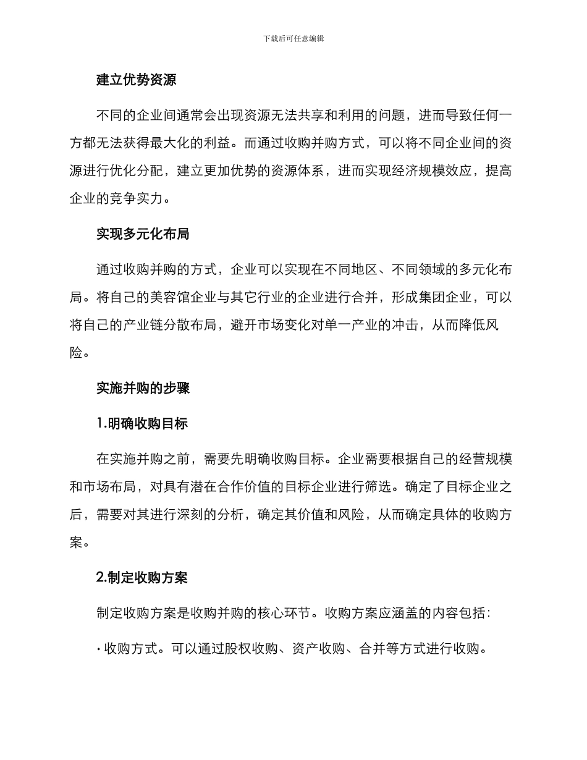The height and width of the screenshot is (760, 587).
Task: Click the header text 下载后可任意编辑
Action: click(x=293, y=38)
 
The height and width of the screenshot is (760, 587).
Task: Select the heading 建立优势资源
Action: click(x=137, y=80)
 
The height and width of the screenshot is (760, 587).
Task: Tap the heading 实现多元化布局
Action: click(x=143, y=234)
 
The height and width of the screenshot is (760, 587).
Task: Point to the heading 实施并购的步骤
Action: click(x=143, y=388)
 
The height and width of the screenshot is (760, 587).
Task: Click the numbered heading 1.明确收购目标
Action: click(x=142, y=423)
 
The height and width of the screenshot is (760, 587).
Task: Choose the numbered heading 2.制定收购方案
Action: click(x=142, y=578)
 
